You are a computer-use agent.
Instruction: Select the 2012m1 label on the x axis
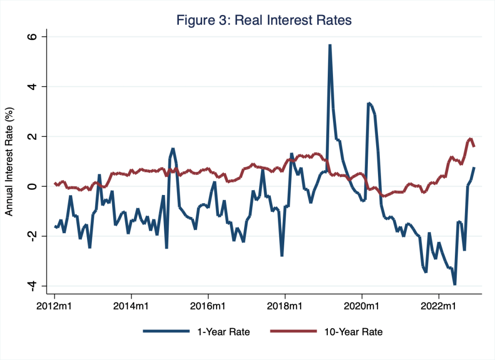pos(54,306)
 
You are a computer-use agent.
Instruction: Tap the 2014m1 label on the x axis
pos(131,306)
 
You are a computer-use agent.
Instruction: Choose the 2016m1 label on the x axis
pos(208,306)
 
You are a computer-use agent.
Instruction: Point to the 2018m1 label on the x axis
pos(285,306)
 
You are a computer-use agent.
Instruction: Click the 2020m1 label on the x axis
pos(362,306)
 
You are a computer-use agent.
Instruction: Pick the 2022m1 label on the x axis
pos(438,306)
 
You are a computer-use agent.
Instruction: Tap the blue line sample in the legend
pos(165,332)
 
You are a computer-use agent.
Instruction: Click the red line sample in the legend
pos(291,332)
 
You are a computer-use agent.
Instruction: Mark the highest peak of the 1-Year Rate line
pos(330,45)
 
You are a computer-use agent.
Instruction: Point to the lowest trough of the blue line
pos(455,285)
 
